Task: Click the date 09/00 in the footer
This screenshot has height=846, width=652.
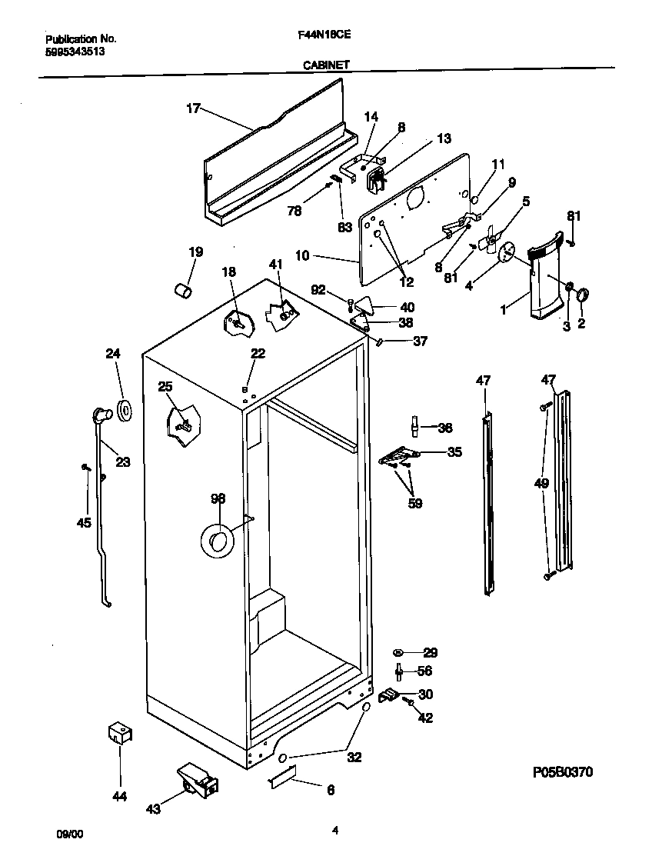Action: tap(67, 834)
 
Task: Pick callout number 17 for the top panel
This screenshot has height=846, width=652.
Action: tap(192, 108)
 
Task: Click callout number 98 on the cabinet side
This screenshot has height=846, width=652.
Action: tap(218, 499)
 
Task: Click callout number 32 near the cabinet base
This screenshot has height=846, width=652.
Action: tap(354, 758)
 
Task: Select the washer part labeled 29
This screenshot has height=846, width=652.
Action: tap(401, 653)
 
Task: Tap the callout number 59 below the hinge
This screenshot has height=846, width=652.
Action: tap(414, 504)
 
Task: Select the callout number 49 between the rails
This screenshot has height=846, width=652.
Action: tap(541, 483)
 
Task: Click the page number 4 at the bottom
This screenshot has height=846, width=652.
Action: tap(334, 830)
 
